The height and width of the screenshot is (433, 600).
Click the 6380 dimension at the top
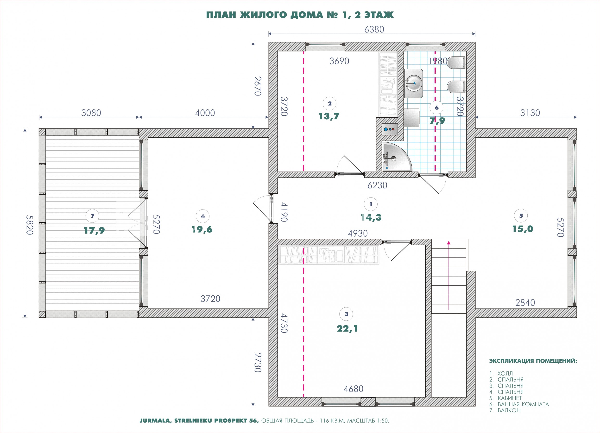tap(374, 29)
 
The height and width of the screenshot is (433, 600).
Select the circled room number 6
tap(436, 108)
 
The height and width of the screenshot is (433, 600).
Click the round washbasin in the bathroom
tap(413, 83)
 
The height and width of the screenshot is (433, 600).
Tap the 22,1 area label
tap(347, 329)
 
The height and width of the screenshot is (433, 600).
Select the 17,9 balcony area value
tap(94, 230)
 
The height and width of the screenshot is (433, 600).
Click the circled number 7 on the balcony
tap(92, 216)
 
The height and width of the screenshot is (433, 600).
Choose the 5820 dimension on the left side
tap(29, 224)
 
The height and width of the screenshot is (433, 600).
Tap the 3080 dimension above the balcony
tap(91, 113)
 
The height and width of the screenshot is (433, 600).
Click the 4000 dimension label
tap(205, 113)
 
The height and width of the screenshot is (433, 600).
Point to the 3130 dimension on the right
tap(530, 113)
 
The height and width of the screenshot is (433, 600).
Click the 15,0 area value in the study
tap(523, 229)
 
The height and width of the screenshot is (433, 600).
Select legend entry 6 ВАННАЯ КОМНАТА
tap(519, 404)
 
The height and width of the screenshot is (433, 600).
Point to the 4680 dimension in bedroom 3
tap(354, 389)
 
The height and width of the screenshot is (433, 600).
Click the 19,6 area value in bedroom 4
tap(202, 229)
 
